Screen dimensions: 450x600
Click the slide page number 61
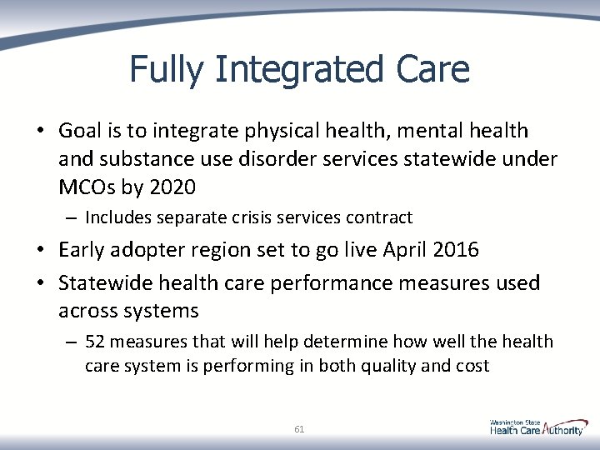[299, 429]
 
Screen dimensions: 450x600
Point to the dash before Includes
[72, 218]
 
